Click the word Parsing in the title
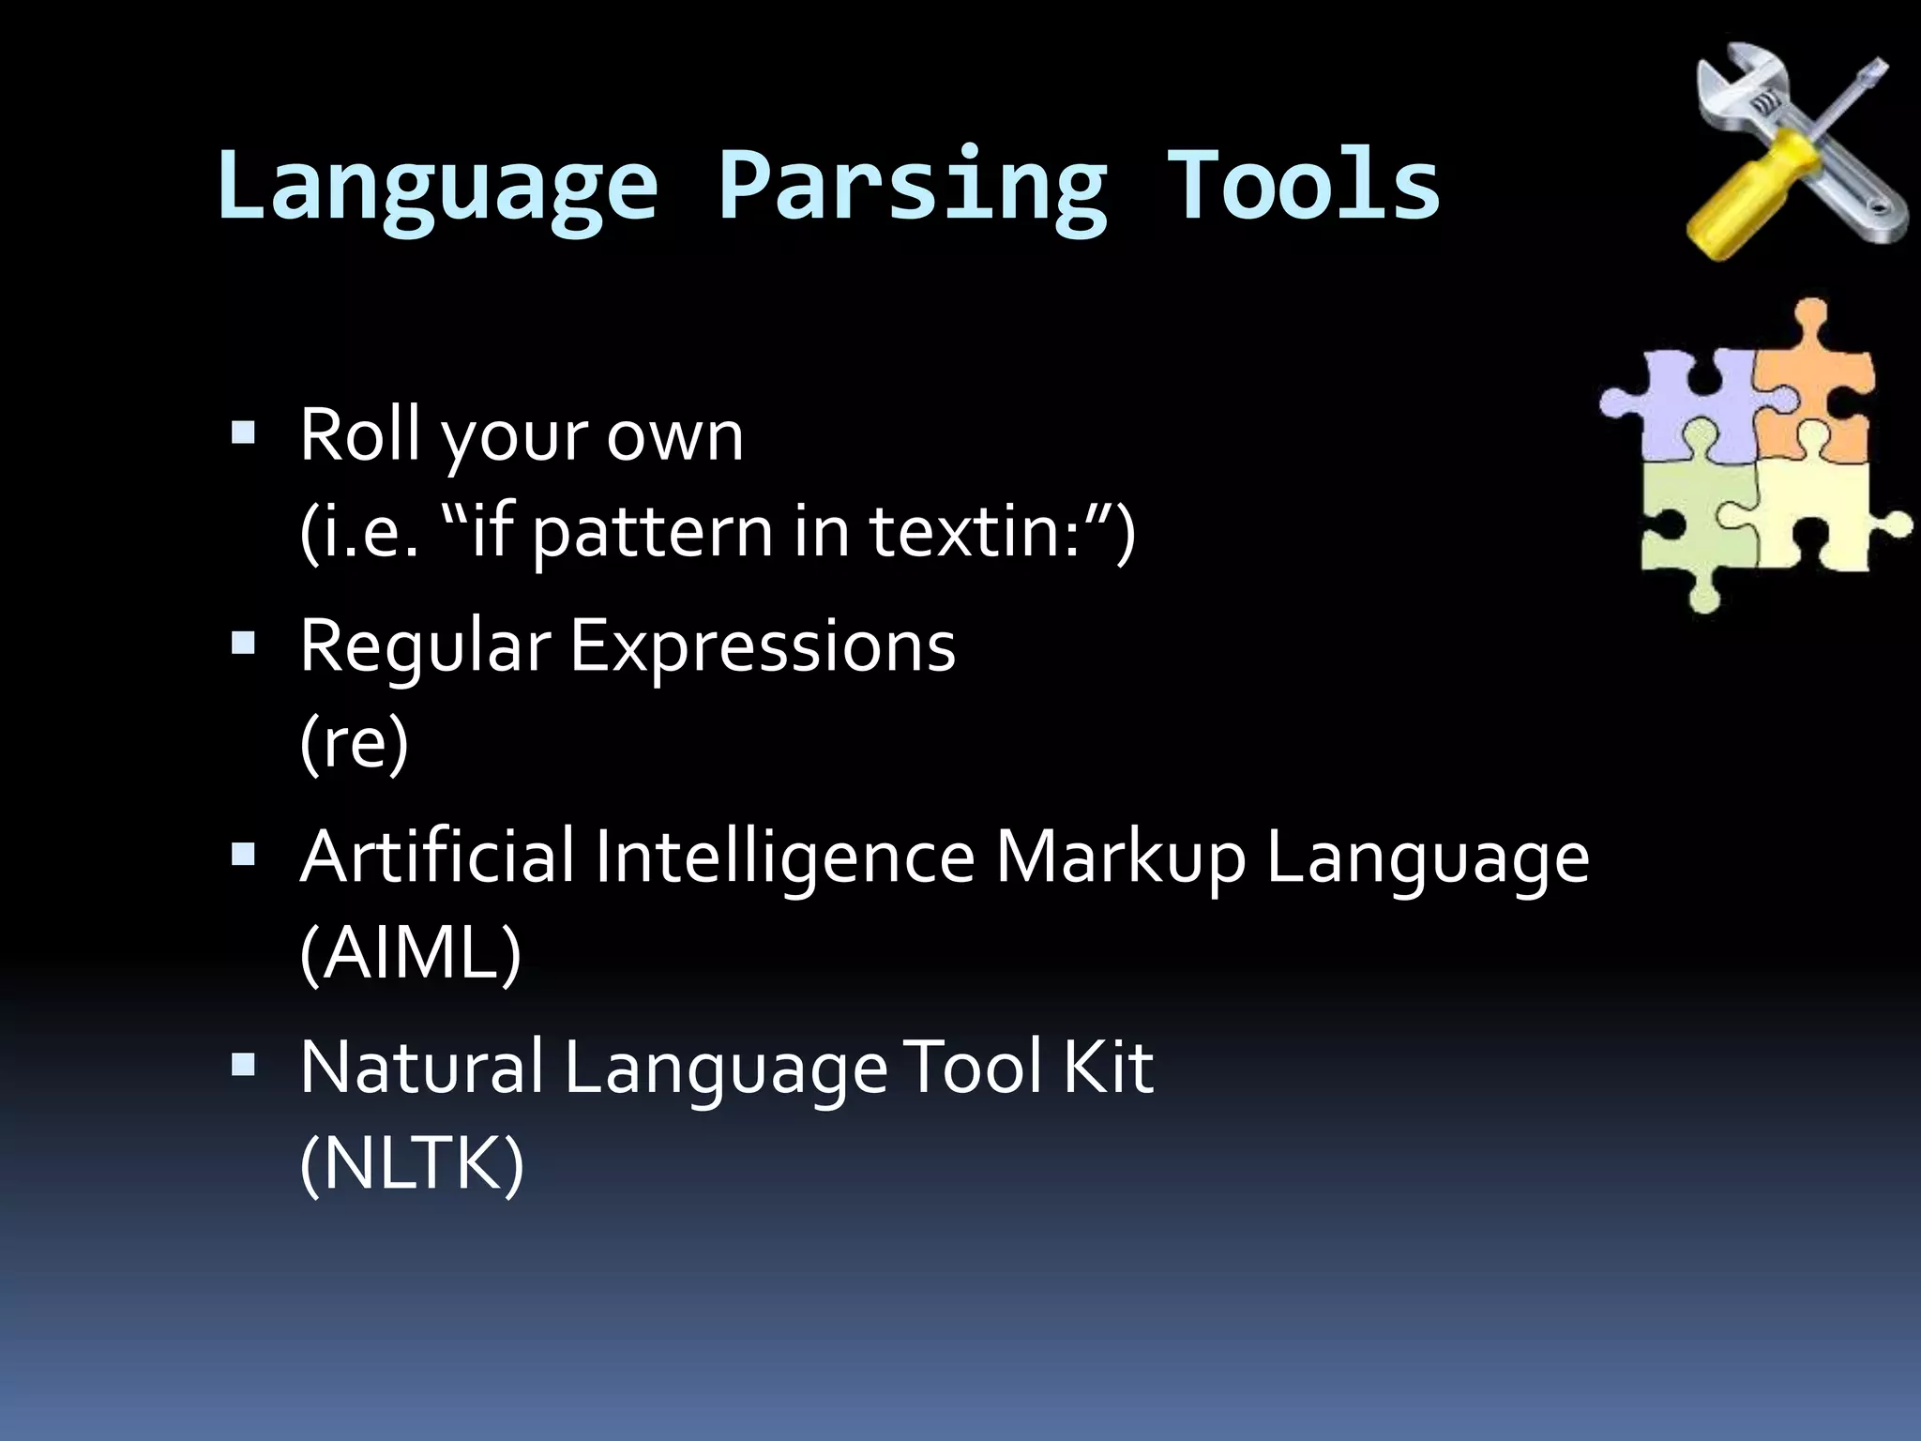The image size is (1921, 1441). pos(912,188)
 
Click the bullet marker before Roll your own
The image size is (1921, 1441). pos(243,432)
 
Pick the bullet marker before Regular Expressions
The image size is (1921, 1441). pos(243,644)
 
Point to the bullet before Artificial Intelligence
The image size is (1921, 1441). pos(243,855)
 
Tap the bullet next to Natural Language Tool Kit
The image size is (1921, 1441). pos(243,1065)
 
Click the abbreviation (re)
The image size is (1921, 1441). pos(355,742)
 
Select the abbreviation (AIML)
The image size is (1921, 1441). pos(410,953)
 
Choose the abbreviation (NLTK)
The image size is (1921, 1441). pos(412,1164)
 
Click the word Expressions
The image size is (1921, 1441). pos(763,646)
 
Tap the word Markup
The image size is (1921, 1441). pos(1120,857)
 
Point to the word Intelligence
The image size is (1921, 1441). pos(784,857)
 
